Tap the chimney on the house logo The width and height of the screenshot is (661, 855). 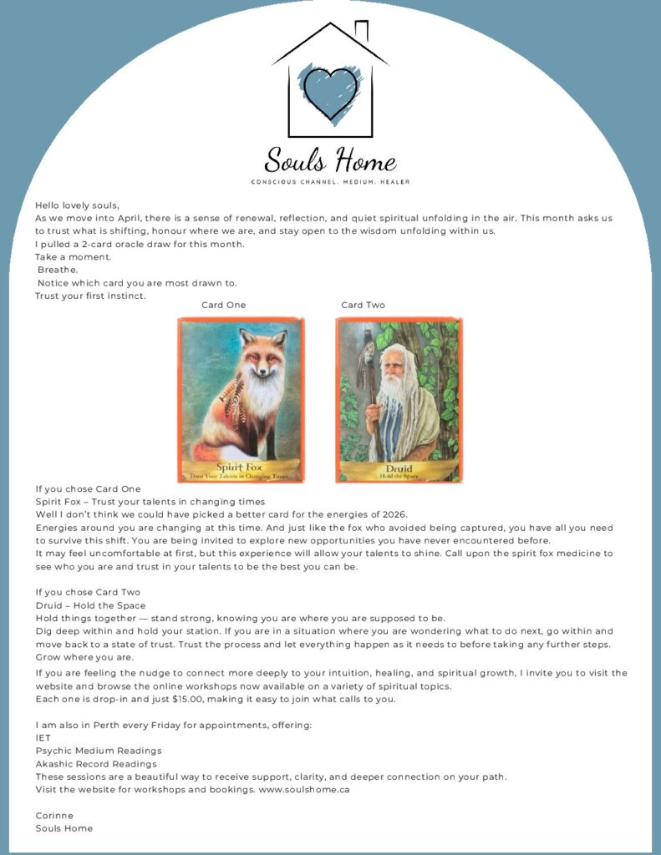[361, 32]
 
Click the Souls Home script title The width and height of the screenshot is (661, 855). [330, 159]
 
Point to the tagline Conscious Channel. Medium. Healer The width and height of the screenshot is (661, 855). [330, 181]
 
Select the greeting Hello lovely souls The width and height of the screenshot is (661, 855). [77, 205]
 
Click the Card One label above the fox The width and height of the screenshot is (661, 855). [224, 306]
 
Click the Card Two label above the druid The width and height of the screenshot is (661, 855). [364, 306]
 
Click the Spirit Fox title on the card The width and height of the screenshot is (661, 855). [240, 467]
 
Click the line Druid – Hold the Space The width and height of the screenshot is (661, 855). [90, 605]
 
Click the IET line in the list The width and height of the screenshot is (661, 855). [43, 738]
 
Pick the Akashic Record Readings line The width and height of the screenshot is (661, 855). [95, 764]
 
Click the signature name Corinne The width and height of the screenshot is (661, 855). [54, 816]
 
